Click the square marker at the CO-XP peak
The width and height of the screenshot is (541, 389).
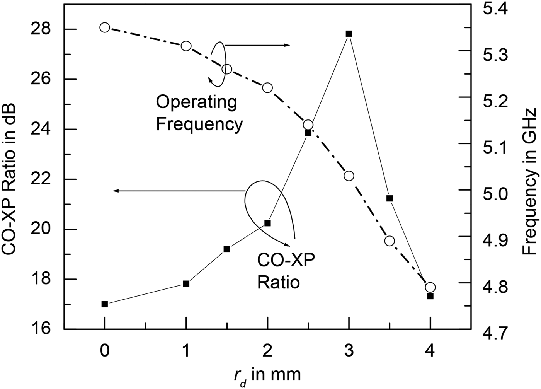[349, 34]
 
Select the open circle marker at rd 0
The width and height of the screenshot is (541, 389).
[104, 27]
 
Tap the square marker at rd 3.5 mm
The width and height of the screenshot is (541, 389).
[390, 198]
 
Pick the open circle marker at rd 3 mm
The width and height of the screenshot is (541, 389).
[349, 176]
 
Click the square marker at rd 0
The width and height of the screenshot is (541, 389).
[104, 304]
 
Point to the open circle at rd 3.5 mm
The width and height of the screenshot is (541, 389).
[390, 241]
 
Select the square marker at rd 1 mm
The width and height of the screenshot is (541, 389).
[186, 283]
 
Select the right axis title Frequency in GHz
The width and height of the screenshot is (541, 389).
[530, 182]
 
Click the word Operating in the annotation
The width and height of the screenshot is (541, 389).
[196, 102]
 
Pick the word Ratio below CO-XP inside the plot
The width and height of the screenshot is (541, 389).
[278, 282]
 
